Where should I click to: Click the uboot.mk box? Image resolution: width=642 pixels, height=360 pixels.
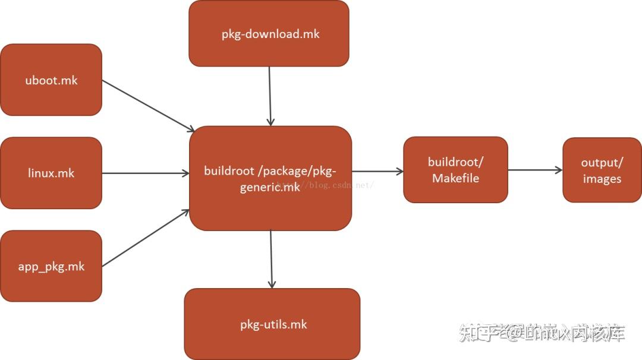coord(51,80)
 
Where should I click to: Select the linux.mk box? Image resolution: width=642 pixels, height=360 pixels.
coord(51,173)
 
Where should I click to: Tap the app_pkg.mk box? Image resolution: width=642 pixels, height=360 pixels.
coord(51,266)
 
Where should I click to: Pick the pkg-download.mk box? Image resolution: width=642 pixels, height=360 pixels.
coord(269,33)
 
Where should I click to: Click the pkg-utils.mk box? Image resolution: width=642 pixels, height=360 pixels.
coord(272,324)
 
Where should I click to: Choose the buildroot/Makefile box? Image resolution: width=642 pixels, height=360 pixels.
coord(455,170)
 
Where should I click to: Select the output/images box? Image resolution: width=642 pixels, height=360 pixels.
coord(602,170)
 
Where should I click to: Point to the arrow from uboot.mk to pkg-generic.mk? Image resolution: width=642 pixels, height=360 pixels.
coord(148,106)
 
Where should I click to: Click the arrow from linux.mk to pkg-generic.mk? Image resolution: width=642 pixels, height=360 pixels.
coord(146,173)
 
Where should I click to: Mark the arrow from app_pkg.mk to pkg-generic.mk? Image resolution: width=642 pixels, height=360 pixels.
coord(146,238)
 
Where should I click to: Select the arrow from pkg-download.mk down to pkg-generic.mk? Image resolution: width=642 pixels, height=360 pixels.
coord(270,95)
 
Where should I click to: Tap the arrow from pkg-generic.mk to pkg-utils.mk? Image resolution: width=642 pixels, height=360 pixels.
coord(272,259)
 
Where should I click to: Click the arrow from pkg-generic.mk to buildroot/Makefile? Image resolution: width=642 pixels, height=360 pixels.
coord(377,171)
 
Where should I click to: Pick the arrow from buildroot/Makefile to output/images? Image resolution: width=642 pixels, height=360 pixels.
coord(535,170)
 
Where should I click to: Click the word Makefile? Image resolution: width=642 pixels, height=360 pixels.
coord(455,178)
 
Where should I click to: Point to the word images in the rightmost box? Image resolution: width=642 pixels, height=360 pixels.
coord(602,179)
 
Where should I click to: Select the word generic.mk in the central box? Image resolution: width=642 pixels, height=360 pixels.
coord(270,187)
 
